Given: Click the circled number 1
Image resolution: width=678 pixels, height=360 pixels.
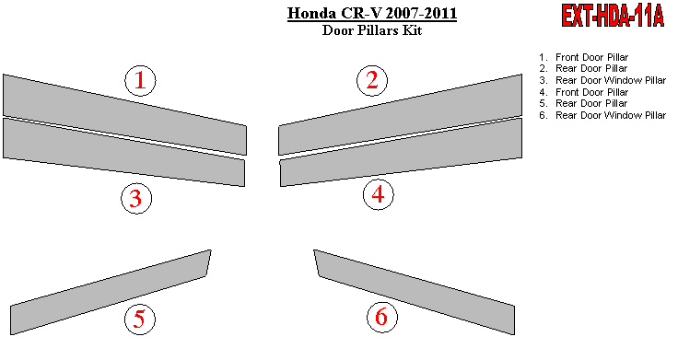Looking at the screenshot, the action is (x=141, y=81).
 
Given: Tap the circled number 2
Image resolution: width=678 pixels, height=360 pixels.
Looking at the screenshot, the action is (x=372, y=80).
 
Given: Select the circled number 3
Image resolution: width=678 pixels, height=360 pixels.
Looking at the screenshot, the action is (x=136, y=198).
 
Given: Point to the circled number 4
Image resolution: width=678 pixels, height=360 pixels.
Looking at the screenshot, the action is (x=379, y=194).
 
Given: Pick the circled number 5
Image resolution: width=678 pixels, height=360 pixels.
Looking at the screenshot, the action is (x=140, y=319).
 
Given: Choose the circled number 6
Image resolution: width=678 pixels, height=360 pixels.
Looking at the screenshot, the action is (x=381, y=317).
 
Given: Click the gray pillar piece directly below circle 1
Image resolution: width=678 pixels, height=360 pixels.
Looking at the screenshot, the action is (x=124, y=114).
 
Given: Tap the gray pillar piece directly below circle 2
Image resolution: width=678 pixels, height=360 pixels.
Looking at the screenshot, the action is (x=400, y=114).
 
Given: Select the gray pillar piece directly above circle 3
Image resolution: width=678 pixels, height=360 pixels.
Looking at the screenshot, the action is (x=123, y=152).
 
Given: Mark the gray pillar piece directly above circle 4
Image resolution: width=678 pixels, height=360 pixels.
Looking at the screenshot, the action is (x=401, y=152).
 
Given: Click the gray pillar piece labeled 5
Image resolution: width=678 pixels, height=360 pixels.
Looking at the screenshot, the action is (x=111, y=292).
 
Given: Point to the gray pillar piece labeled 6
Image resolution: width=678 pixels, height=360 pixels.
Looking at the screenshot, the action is (x=415, y=292).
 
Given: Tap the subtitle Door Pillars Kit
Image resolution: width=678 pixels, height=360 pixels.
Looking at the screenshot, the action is (x=372, y=30).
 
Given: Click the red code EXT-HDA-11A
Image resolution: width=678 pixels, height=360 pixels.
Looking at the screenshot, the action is (x=613, y=17).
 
